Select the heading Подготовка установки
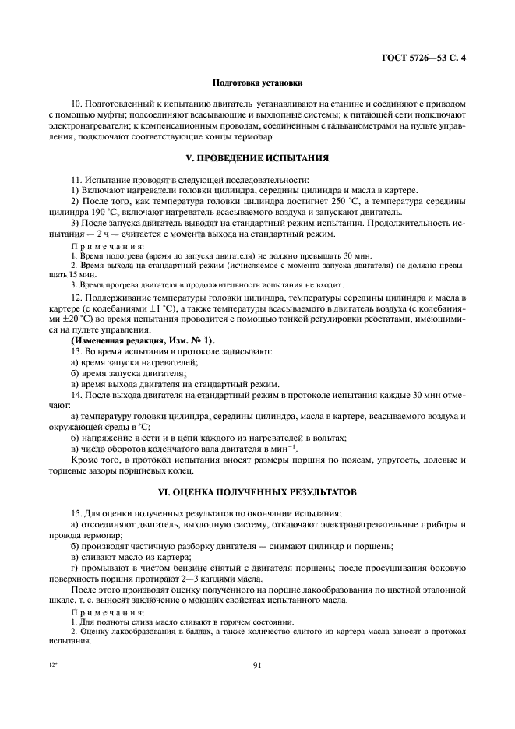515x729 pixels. tap(257, 83)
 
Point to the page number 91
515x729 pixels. tap(257, 664)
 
